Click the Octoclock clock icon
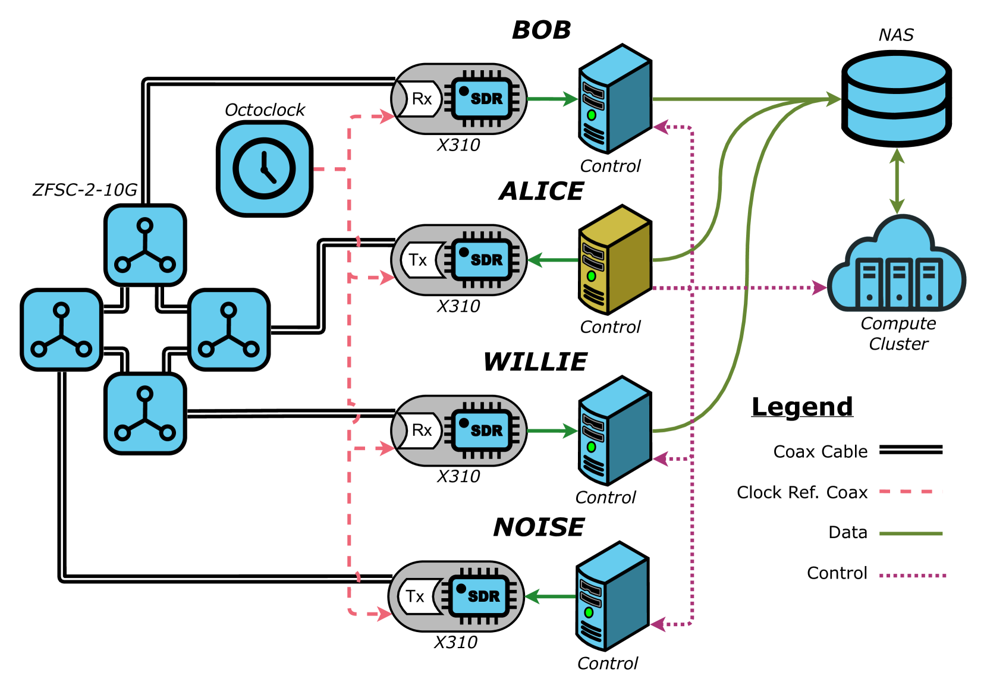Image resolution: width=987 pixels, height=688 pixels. [265, 169]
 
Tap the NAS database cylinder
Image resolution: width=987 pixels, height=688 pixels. [897, 98]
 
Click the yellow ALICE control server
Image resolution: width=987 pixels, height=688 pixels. [615, 260]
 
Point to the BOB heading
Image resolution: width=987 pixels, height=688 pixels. [541, 30]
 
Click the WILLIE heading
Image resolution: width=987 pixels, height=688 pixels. [535, 362]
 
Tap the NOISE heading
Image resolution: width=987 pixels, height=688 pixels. [539, 527]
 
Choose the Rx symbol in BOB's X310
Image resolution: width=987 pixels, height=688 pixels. [421, 99]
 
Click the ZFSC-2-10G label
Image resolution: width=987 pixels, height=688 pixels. [84, 190]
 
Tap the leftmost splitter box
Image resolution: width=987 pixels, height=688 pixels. [61, 330]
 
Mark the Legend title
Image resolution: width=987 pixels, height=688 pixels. [802, 407]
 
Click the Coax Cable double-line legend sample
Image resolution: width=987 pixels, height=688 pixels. [911, 450]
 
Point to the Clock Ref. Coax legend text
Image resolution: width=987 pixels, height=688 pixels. [802, 492]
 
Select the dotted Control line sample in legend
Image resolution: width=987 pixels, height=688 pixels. [912, 575]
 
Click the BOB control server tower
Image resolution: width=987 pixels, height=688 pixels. [615, 99]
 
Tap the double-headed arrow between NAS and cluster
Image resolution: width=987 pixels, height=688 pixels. [897, 181]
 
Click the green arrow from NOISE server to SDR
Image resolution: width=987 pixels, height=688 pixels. [551, 596]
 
